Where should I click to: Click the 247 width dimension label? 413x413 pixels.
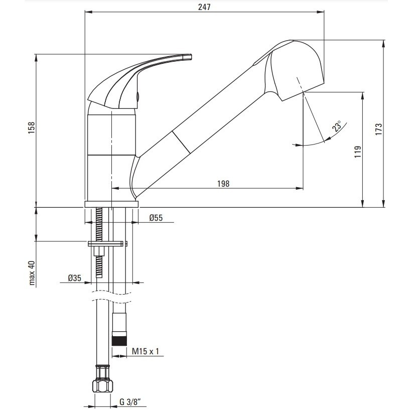204,7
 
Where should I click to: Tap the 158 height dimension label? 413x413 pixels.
32,127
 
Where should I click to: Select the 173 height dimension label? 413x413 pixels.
378,129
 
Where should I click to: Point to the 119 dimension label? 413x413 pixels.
358,152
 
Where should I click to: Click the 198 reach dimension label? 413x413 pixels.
223,184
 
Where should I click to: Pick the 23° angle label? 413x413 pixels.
337,125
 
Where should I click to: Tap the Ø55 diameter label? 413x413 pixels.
156,218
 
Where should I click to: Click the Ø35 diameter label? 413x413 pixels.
75,278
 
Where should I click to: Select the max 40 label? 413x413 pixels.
32,273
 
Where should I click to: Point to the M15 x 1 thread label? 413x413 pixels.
146,351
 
